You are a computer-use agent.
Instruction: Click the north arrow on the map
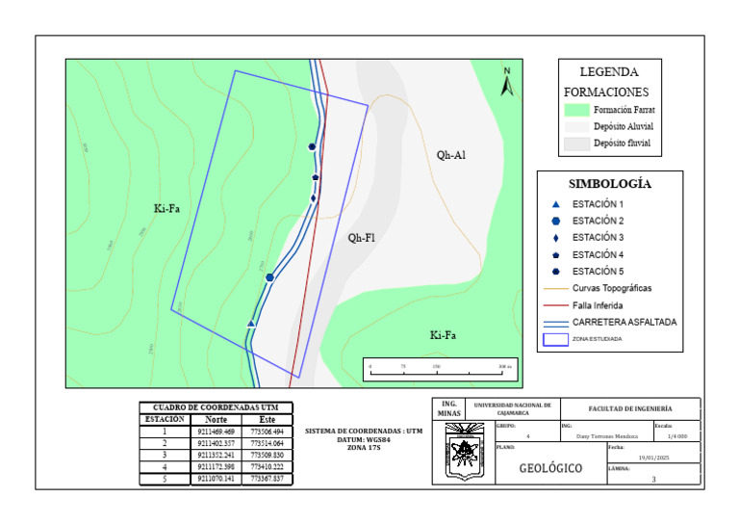click(507, 83)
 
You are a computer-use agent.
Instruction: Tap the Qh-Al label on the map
click(450, 154)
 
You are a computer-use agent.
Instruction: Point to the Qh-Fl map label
click(362, 237)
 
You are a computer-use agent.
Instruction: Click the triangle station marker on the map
click(251, 324)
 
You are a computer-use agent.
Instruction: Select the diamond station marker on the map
click(314, 198)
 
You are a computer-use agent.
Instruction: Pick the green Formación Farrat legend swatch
click(575, 111)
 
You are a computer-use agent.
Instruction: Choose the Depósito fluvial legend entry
click(621, 144)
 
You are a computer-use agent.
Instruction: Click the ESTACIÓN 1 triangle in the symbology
click(555, 205)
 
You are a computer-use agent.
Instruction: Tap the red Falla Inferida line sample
click(555, 304)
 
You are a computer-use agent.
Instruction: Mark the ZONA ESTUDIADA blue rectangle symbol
click(555, 338)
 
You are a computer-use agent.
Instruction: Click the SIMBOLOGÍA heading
click(609, 183)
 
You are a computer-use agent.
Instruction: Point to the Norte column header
click(216, 420)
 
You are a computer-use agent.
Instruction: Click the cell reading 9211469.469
click(216, 432)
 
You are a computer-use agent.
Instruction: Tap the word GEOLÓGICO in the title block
click(549, 469)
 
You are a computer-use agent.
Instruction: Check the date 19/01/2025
click(653, 458)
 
